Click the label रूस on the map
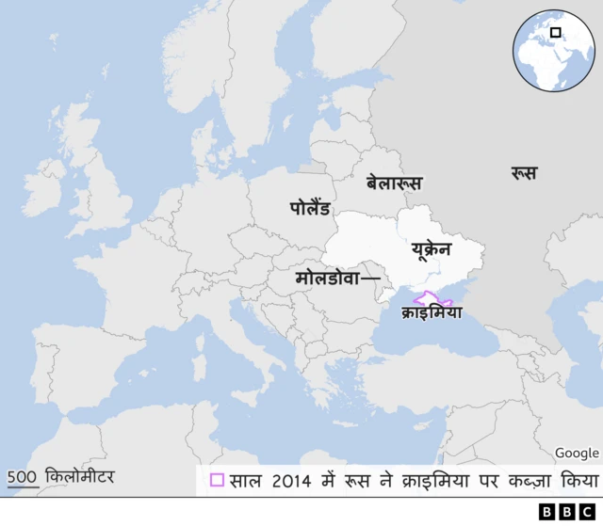pyautogui.click(x=523, y=173)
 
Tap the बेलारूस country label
pyautogui.click(x=394, y=183)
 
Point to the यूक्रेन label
pyautogui.click(x=432, y=248)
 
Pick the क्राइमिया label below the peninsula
pyautogui.click(x=432, y=312)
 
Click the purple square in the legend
pyautogui.click(x=218, y=480)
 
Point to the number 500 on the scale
pyautogui.click(x=23, y=476)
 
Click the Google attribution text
pyautogui.click(x=577, y=454)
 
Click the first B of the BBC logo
pyautogui.click(x=546, y=512)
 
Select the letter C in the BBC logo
pyautogui.click(x=587, y=512)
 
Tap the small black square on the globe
pyautogui.click(x=556, y=37)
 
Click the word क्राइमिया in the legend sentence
pyautogui.click(x=441, y=479)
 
